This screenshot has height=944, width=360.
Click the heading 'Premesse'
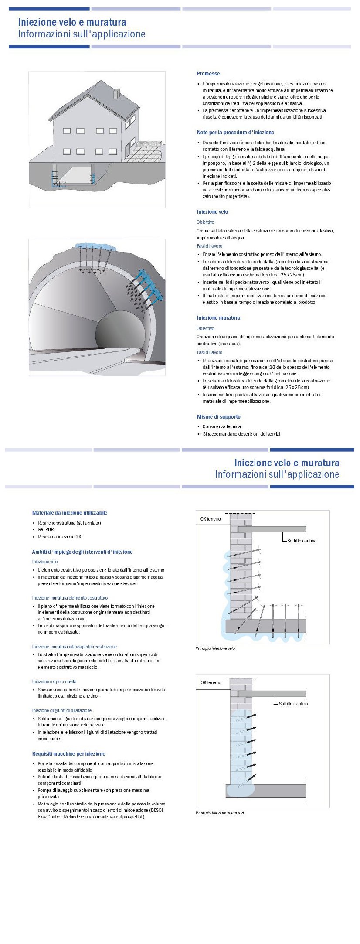(208, 74)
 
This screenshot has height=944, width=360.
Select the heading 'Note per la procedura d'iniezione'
(235, 133)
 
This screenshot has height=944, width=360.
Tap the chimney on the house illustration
(116, 93)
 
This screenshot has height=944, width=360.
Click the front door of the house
(127, 150)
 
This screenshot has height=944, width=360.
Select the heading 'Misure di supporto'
(218, 417)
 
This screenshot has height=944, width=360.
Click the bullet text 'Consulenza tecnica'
(221, 427)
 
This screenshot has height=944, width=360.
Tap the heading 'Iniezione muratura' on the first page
(218, 318)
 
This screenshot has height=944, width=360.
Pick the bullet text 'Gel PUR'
(46, 530)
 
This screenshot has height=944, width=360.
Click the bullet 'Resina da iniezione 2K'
(59, 537)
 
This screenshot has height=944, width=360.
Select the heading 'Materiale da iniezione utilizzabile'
(70, 513)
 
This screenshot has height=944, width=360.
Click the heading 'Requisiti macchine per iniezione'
(68, 754)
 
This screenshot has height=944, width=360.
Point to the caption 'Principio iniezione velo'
(215, 648)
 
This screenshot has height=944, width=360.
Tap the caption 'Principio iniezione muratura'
(220, 813)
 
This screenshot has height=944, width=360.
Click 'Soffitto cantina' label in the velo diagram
(302, 541)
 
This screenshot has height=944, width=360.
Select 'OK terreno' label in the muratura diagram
(211, 683)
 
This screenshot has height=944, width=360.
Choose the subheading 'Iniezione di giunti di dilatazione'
(62, 710)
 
